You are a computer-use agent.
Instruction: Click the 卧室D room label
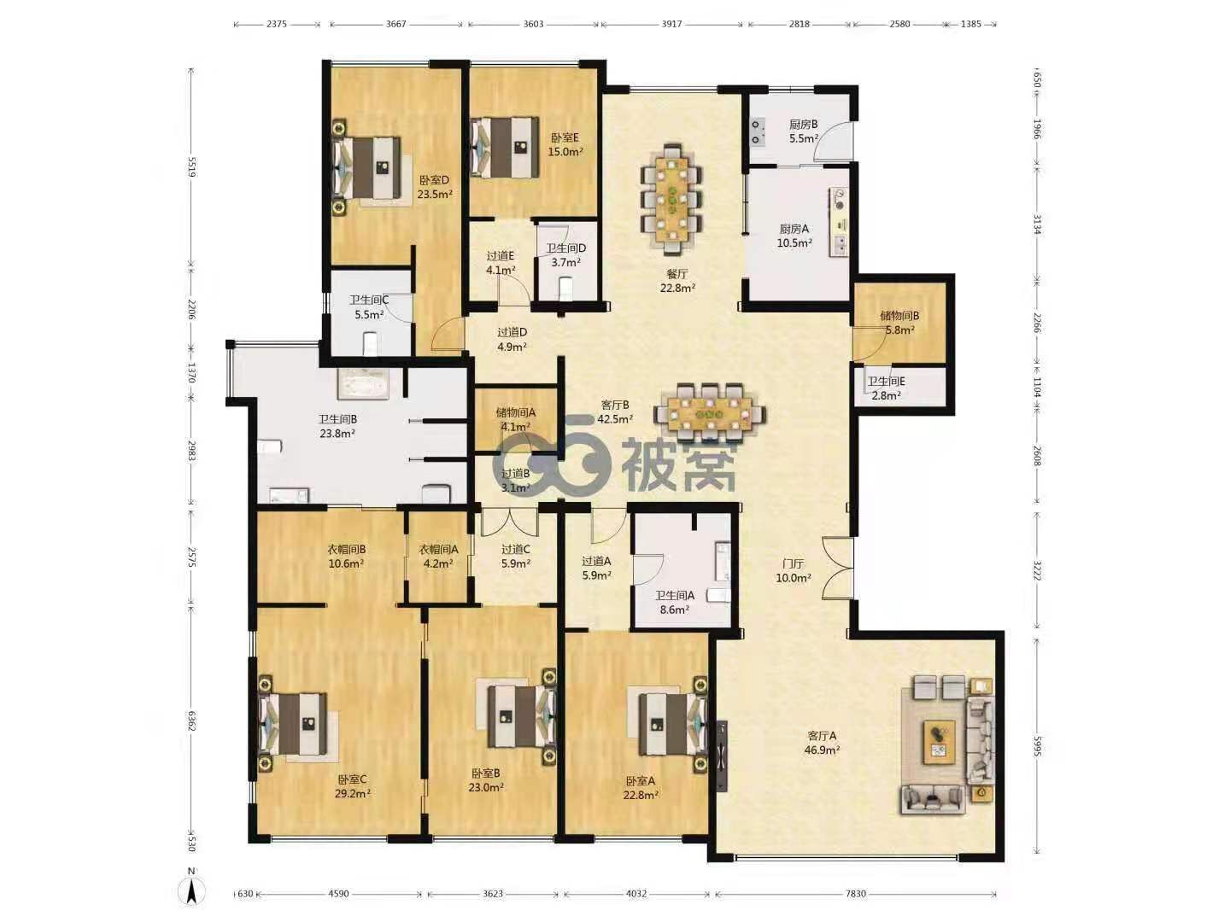(x=434, y=180)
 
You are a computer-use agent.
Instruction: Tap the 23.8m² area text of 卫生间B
(x=337, y=434)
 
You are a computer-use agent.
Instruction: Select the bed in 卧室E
(x=505, y=147)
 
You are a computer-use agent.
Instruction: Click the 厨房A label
(x=794, y=229)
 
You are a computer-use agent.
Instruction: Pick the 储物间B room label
(x=899, y=316)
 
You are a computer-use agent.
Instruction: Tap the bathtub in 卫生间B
(x=362, y=383)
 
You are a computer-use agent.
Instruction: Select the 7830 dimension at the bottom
(x=856, y=894)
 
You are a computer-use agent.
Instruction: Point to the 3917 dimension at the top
(x=671, y=24)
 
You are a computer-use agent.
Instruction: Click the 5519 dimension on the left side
(x=191, y=166)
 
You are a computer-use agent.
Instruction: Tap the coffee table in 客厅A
(x=940, y=742)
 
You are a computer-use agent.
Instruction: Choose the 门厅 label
(x=793, y=563)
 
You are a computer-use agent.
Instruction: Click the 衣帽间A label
(x=438, y=549)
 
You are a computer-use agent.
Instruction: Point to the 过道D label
(x=512, y=333)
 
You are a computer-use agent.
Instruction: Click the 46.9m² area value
(x=822, y=750)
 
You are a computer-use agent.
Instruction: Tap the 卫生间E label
(x=886, y=382)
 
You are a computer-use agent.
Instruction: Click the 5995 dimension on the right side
(x=1037, y=746)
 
